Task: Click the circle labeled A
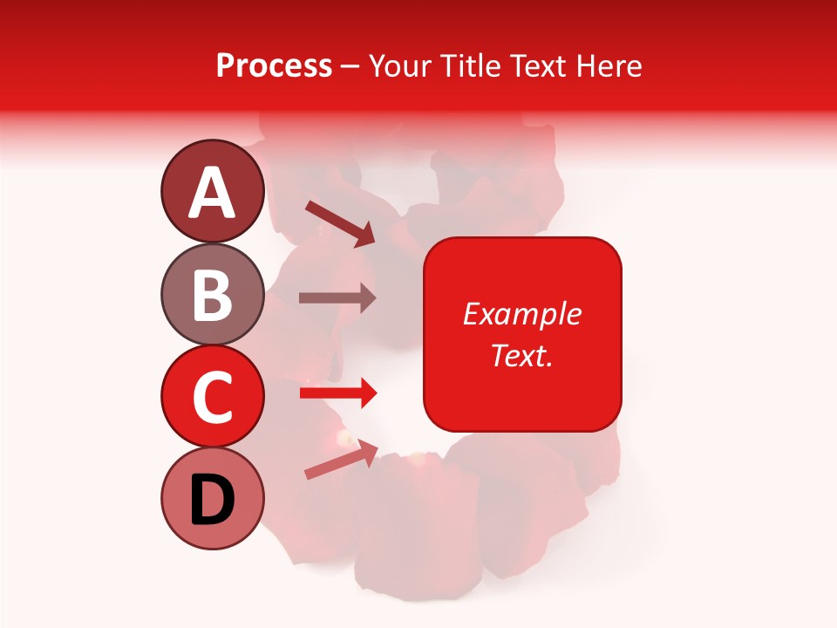pos(213,191)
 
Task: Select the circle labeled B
pos(213,294)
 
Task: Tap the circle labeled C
pos(213,396)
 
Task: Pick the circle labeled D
pos(213,499)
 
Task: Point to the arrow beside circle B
pos(337,297)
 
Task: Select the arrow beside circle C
pos(337,393)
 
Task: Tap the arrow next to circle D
pos(340,461)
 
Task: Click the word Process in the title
pos(274,66)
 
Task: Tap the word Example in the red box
pos(521,315)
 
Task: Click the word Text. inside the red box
pos(521,355)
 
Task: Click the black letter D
pos(213,501)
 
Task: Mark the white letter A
pos(213,193)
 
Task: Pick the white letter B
pos(213,295)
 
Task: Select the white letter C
pos(213,397)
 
